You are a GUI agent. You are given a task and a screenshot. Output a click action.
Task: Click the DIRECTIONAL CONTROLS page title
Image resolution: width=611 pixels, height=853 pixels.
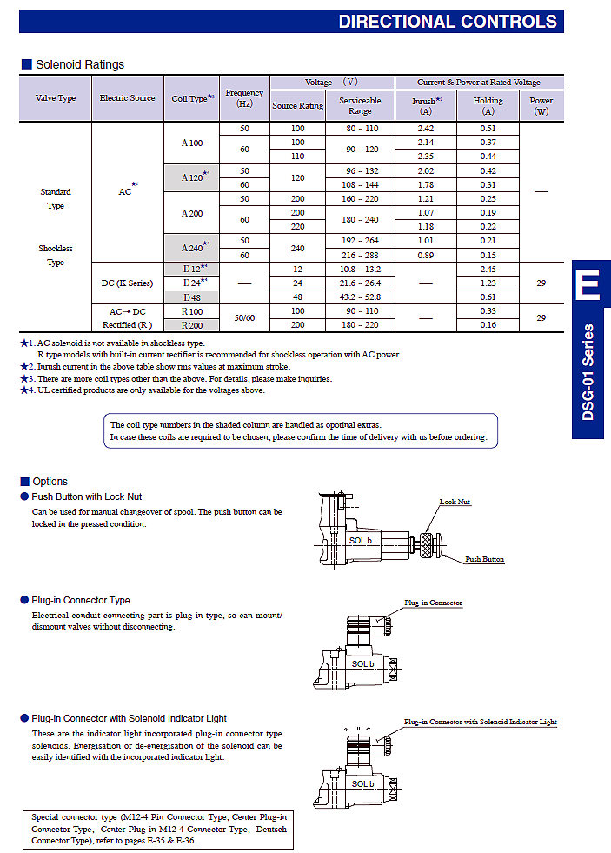tap(448, 21)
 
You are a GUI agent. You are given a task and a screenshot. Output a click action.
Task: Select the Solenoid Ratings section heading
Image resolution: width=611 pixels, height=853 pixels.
tap(80, 64)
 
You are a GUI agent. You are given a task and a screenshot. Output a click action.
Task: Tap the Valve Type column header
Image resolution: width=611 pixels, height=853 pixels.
tap(56, 98)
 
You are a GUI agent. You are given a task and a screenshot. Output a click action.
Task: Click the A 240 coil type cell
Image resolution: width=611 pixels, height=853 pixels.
tap(192, 248)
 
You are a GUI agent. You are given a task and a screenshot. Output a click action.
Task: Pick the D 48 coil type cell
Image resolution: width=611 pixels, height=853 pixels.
tap(192, 297)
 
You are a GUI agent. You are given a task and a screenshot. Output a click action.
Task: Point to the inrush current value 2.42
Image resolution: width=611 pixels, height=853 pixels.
tap(426, 129)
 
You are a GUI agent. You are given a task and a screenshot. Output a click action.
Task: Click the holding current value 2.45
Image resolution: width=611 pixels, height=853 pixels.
tap(488, 270)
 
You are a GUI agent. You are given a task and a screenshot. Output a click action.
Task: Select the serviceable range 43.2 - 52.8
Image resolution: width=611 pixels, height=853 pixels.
tap(360, 297)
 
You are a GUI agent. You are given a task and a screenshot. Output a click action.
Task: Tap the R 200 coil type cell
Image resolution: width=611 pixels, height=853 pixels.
tap(192, 325)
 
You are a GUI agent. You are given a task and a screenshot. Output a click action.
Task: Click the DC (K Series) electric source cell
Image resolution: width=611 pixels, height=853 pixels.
tap(128, 283)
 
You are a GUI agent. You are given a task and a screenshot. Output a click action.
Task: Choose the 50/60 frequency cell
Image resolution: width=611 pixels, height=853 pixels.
tap(244, 317)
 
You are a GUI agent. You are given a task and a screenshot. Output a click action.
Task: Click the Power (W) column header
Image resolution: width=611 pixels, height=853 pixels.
tap(541, 105)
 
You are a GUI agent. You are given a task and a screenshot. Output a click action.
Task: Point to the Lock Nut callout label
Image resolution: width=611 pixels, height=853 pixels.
tap(455, 502)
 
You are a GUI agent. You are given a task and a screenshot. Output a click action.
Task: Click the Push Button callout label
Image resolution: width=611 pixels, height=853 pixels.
tap(484, 559)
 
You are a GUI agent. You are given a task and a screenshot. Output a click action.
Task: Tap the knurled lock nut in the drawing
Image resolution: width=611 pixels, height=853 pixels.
tap(427, 545)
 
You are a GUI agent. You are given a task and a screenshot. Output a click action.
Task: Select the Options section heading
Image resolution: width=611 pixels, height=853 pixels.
tap(50, 482)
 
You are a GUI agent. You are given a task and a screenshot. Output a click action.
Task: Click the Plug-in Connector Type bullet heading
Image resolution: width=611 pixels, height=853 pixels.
tap(81, 600)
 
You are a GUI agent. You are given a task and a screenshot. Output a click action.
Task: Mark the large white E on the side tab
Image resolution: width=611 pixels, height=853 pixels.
tap(588, 284)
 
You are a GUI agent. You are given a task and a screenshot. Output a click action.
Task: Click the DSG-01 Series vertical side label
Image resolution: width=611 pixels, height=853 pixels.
tap(588, 372)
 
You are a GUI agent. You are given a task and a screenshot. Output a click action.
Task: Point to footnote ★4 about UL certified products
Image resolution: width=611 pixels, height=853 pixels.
tap(143, 390)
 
